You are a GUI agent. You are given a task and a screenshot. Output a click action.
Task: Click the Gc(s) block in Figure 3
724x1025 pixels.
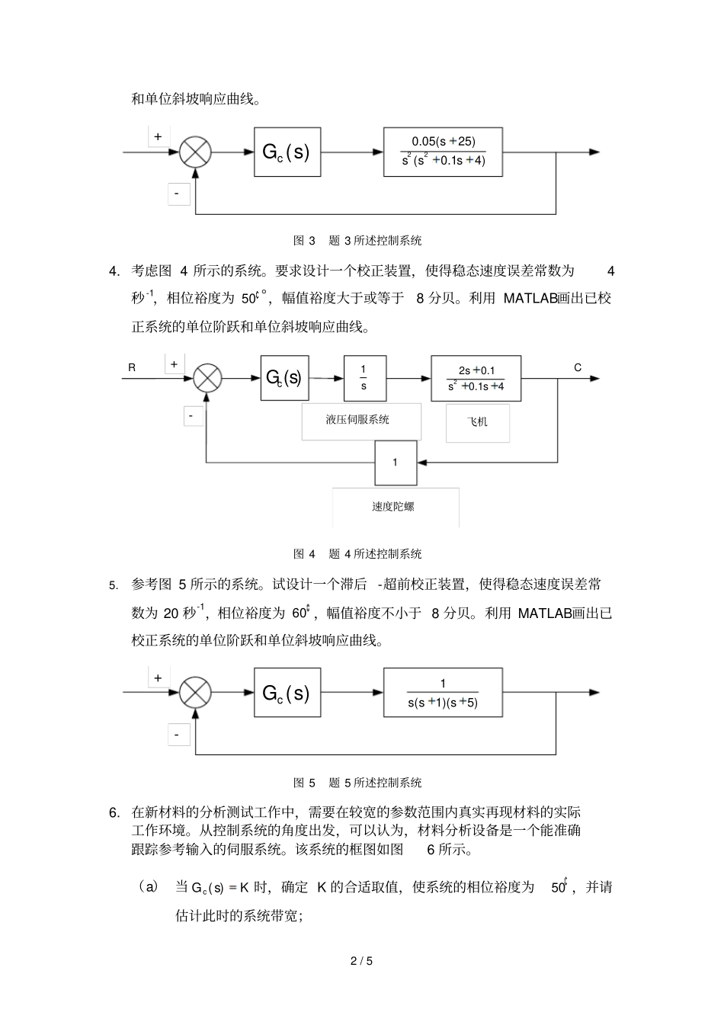pyautogui.click(x=287, y=152)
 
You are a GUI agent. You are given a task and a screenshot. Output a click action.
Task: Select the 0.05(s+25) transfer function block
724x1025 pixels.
pyautogui.click(x=443, y=152)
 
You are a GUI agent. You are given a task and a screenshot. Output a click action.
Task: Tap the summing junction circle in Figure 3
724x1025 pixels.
pyautogui.click(x=195, y=152)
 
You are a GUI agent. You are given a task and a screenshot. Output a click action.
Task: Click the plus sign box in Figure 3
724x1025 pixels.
pyautogui.click(x=159, y=137)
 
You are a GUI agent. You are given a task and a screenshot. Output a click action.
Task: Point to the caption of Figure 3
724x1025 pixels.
pyautogui.click(x=357, y=240)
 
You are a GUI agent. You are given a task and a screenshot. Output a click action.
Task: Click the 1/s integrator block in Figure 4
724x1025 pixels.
pyautogui.click(x=364, y=378)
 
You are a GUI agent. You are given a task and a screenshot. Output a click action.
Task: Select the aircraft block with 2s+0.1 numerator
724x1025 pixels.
pyautogui.click(x=476, y=378)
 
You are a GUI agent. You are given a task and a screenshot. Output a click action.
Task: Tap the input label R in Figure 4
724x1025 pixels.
pyautogui.click(x=132, y=367)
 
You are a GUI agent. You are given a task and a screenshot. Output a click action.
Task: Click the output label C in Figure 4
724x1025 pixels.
pyautogui.click(x=578, y=367)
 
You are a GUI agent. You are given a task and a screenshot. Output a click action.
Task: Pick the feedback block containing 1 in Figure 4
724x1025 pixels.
pyautogui.click(x=396, y=463)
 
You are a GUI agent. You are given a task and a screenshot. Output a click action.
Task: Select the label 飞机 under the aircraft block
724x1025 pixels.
pyautogui.click(x=477, y=421)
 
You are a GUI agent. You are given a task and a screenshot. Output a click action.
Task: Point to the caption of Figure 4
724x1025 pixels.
pyautogui.click(x=357, y=553)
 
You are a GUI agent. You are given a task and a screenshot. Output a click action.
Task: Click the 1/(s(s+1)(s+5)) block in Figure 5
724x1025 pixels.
pyautogui.click(x=443, y=693)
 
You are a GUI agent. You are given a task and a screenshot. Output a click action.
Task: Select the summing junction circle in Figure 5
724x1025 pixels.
pyautogui.click(x=195, y=693)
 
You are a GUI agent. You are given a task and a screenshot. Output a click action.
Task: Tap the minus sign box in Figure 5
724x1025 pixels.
pyautogui.click(x=178, y=735)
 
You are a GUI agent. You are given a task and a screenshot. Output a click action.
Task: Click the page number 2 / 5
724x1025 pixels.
pyautogui.click(x=361, y=961)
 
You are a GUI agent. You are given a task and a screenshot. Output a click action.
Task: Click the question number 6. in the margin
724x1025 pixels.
pyautogui.click(x=114, y=812)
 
